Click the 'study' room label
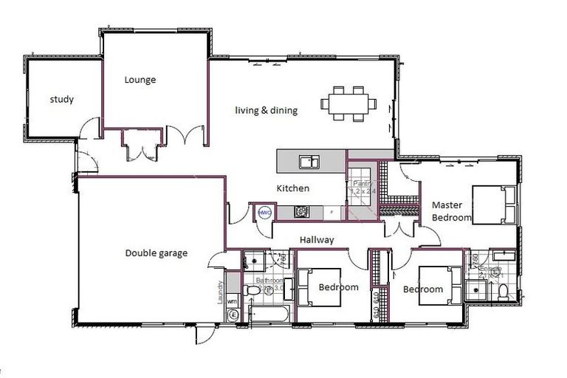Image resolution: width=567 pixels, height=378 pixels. point(61,99)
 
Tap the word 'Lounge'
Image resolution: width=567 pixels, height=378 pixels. point(140,80)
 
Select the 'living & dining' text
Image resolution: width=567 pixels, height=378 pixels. point(266,111)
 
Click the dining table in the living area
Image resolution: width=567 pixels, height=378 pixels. point(348,103)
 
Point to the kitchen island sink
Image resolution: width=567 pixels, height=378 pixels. point(309,161)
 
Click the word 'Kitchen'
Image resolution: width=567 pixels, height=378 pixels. point(293,188)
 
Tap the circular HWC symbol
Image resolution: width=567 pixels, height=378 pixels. point(264,213)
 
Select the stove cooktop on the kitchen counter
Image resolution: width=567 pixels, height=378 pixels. point(302,212)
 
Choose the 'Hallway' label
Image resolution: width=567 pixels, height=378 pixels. point(317,240)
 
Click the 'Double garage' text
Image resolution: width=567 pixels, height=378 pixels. point(156,253)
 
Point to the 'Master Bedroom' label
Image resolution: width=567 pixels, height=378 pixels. point(451,211)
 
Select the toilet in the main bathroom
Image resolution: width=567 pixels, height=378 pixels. point(251,292)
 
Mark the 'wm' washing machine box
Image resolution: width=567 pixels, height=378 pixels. point(232,300)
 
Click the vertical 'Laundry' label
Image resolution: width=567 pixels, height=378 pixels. point(219,293)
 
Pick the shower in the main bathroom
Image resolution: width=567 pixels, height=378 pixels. point(255,259)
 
